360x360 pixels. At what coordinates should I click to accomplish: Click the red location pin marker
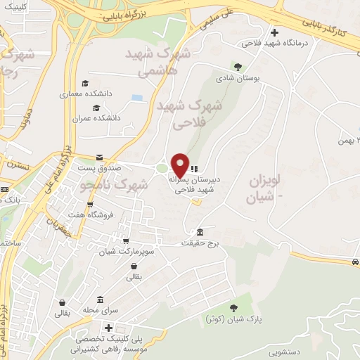(x=181, y=165)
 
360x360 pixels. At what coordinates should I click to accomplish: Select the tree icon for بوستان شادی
(x=238, y=67)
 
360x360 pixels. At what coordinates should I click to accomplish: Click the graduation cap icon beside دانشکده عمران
(x=96, y=108)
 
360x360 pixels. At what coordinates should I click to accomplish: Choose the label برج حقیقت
(x=204, y=243)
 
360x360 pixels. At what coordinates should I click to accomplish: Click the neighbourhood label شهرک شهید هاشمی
(x=157, y=62)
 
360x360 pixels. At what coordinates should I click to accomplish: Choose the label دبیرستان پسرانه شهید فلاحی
(x=195, y=184)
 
